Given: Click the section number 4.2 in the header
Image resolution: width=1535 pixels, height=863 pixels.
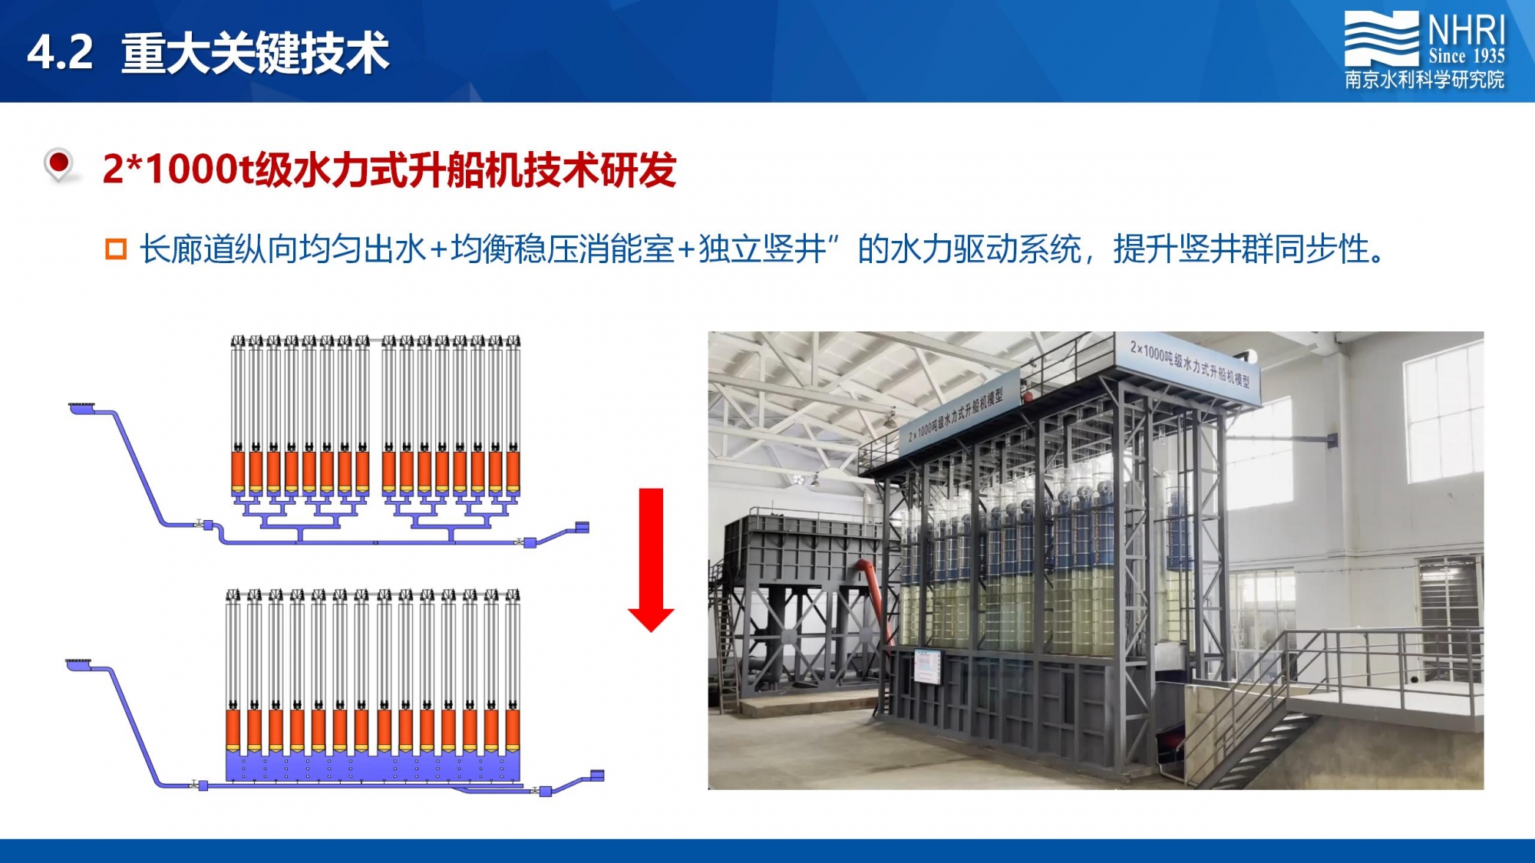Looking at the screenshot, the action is click(60, 53).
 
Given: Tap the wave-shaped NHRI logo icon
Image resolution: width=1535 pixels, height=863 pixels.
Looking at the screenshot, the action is click(1381, 39).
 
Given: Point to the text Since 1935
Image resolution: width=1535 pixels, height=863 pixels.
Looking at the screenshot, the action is click(1466, 56).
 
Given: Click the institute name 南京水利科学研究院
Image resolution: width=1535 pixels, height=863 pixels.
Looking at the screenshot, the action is click(1424, 80).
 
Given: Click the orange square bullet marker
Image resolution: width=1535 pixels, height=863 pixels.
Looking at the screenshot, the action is click(116, 249).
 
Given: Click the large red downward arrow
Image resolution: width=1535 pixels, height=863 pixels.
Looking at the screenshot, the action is click(651, 559).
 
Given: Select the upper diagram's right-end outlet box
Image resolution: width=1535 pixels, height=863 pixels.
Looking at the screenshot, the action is click(582, 528).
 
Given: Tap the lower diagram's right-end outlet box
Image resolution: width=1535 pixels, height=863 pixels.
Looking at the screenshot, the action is click(596, 776).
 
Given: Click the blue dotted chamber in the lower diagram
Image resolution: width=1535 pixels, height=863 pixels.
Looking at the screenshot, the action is click(373, 766).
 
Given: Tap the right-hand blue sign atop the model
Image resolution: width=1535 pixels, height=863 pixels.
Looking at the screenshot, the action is click(1190, 364).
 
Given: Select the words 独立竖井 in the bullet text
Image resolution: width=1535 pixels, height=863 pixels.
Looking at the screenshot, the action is click(762, 249).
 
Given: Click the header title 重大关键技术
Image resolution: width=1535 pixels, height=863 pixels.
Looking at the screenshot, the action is click(256, 53).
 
